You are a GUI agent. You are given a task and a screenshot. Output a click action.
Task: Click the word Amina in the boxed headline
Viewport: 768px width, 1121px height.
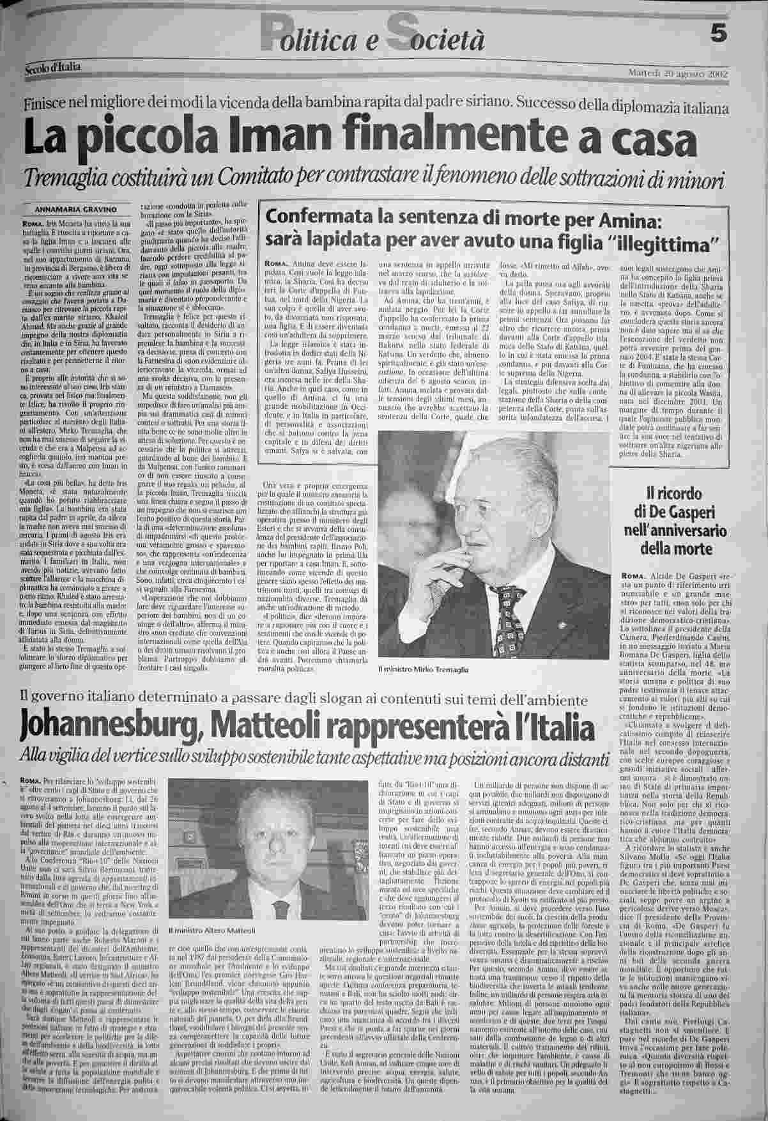632,219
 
